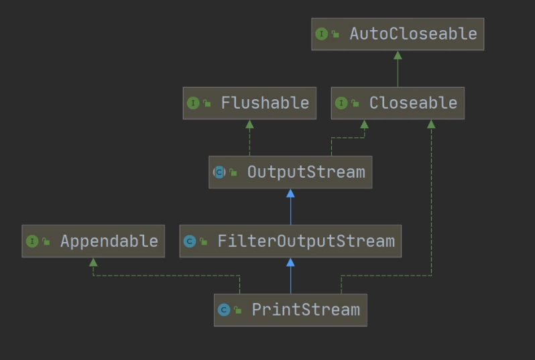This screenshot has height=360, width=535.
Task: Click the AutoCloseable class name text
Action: pyautogui.click(x=413, y=34)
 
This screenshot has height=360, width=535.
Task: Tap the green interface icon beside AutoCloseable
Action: pyautogui.click(x=321, y=34)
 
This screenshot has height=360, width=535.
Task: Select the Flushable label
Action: pyautogui.click(x=265, y=103)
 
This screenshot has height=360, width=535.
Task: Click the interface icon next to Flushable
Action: pyautogui.click(x=193, y=103)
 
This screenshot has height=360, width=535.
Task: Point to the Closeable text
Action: pyautogui.click(x=413, y=103)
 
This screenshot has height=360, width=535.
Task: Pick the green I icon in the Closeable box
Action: pyautogui.click(x=341, y=103)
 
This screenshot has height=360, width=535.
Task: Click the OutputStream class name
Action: pyautogui.click(x=306, y=172)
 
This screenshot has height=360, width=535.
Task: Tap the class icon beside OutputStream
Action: pyautogui.click(x=219, y=172)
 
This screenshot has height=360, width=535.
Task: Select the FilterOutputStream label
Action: pyautogui.click(x=306, y=241)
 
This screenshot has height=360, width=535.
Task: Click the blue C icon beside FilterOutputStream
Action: pyautogui.click(x=190, y=241)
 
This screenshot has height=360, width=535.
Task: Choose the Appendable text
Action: pyautogui.click(x=109, y=241)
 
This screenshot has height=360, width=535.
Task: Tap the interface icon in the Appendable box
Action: pyautogui.click(x=32, y=241)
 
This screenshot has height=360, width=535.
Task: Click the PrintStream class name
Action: pyautogui.click(x=306, y=310)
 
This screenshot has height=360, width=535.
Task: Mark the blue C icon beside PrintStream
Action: pyautogui.click(x=224, y=310)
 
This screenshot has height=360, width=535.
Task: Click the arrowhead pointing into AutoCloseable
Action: pyautogui.click(x=398, y=56)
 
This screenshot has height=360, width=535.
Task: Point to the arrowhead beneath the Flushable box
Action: pyautogui.click(x=249, y=125)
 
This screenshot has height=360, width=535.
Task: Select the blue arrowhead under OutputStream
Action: pyautogui.click(x=290, y=194)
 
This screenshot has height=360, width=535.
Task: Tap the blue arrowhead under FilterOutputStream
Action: pyautogui.click(x=290, y=263)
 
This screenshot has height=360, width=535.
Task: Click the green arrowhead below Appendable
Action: pyautogui.click(x=93, y=263)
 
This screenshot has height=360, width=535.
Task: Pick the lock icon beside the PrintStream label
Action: pyautogui.click(x=238, y=310)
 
